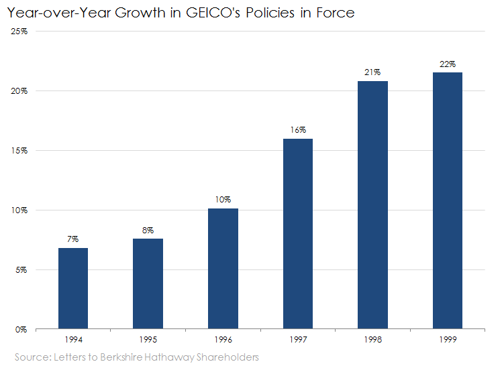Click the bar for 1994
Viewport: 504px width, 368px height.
73,289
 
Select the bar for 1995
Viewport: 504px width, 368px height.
148,284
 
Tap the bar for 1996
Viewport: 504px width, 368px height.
223,269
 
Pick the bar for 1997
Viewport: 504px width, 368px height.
298,234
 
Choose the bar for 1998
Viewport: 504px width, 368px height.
372,205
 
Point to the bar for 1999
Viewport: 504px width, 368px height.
448,201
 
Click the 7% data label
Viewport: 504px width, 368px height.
73,239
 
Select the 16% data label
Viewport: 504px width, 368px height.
298,129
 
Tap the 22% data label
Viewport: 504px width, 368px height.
448,64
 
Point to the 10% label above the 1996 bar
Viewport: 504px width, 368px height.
223,200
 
